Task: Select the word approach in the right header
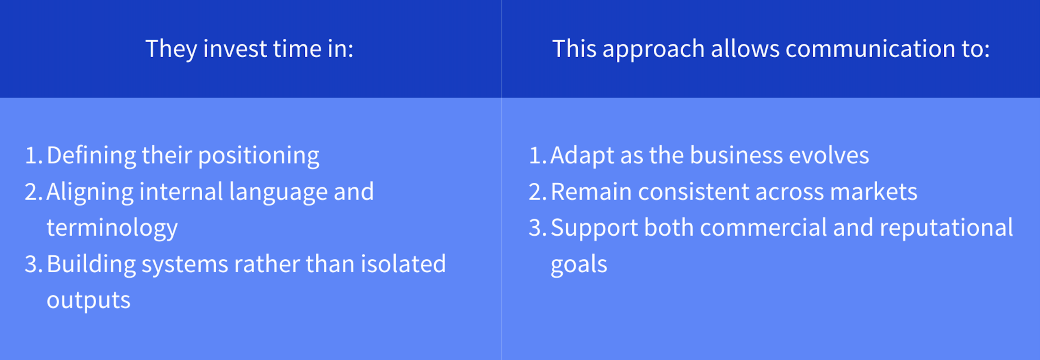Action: [x=653, y=49]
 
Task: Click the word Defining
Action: [x=91, y=156]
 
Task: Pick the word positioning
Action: [x=259, y=156]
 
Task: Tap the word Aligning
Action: [x=90, y=192]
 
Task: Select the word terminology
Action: [x=112, y=228]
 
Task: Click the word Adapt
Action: [x=582, y=156]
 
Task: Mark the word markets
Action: [x=874, y=192]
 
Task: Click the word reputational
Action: [x=947, y=228]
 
